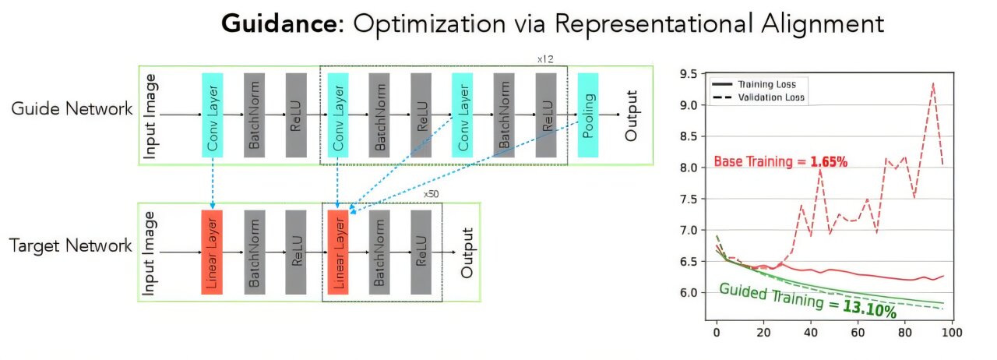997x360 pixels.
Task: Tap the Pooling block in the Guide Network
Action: pos(588,115)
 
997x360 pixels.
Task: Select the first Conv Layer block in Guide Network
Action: pos(213,115)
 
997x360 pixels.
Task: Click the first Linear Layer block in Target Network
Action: pos(212,252)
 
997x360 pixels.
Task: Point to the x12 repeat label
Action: pos(544,59)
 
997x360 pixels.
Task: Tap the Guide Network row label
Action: pos(72,108)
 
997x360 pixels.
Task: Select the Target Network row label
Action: pos(71,246)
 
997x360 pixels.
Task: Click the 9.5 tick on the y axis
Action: pos(689,75)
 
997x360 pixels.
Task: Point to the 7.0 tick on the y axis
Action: pos(689,231)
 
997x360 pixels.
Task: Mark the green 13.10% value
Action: pos(868,309)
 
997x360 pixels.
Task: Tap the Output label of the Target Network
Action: pos(467,252)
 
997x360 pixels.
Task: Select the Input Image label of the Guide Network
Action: pos(151,115)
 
